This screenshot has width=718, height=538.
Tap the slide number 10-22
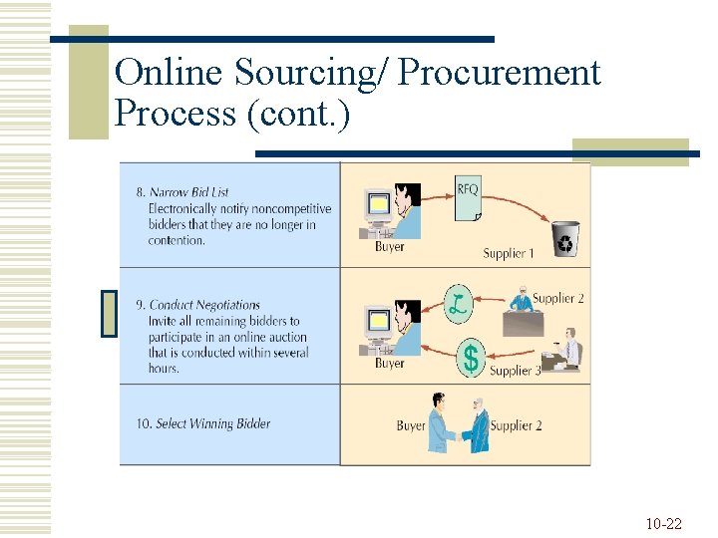(663, 523)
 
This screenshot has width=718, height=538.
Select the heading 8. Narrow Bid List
(182, 192)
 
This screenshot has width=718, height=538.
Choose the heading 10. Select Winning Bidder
(203, 423)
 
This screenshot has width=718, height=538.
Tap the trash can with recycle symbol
(565, 239)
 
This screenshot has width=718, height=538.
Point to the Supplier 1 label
(509, 253)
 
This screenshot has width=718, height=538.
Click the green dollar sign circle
(471, 357)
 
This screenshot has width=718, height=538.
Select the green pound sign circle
(458, 302)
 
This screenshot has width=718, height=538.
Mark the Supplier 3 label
(516, 371)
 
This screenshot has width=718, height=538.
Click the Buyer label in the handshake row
(411, 425)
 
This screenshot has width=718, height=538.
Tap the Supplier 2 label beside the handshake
(517, 425)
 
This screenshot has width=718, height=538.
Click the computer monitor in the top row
(378, 206)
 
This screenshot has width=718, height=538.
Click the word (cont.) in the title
(296, 114)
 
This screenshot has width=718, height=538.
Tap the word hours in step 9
(164, 369)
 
